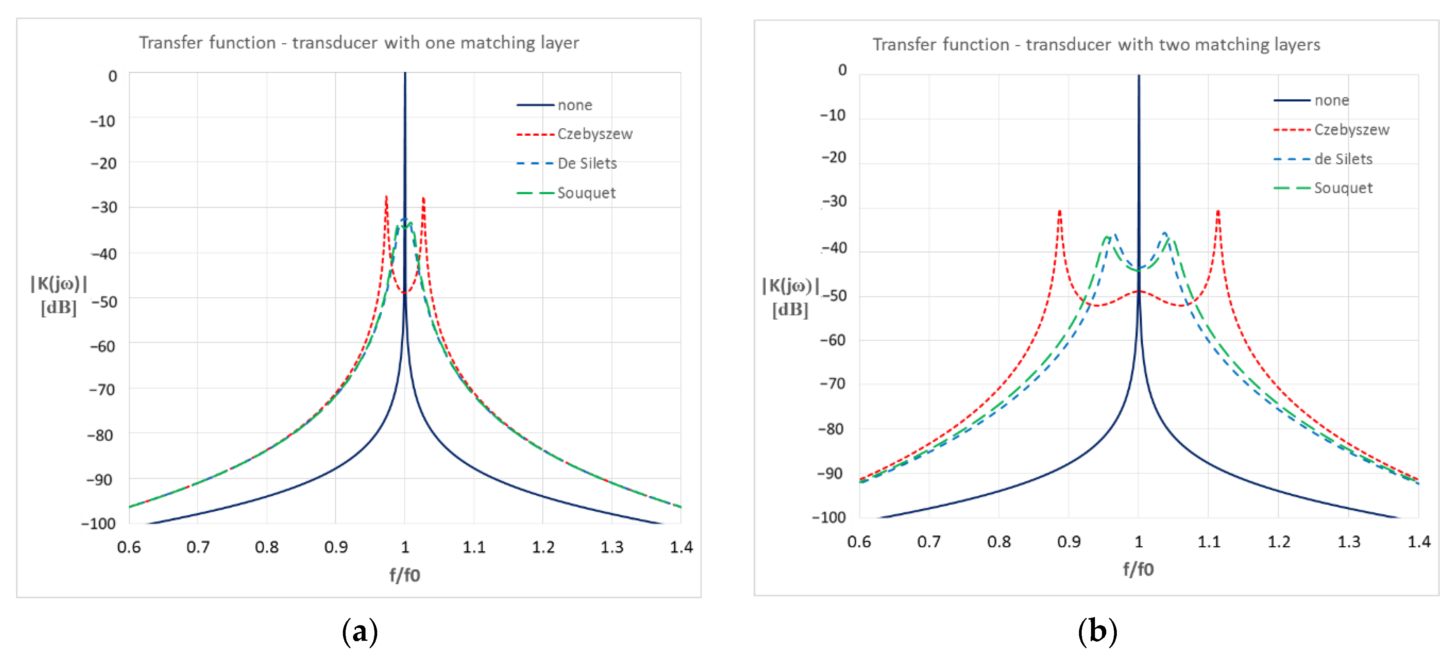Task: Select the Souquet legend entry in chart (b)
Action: (1343, 188)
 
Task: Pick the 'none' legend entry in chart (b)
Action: (1331, 101)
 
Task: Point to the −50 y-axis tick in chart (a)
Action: (105, 301)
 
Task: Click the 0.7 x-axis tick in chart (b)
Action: (928, 542)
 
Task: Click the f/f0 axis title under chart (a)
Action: (405, 575)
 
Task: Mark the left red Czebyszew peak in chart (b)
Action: (1059, 212)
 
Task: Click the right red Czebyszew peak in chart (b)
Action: (1218, 212)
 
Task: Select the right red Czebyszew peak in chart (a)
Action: (424, 199)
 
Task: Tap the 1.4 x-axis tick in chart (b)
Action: (1418, 542)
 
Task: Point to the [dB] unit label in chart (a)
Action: (59, 308)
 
